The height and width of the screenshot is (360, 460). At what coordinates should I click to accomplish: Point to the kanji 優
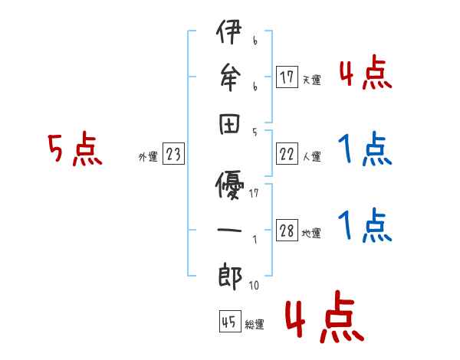pos(229,186)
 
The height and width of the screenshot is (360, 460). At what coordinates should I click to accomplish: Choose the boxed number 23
pos(173,155)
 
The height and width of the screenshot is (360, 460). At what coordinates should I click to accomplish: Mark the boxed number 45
pos(228,322)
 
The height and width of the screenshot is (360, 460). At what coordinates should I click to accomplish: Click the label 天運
pos(312,80)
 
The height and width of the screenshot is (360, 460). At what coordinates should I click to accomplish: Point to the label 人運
pos(312,157)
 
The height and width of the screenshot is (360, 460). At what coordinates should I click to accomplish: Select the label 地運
pos(312,234)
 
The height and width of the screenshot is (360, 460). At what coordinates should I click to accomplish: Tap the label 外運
pos(148,157)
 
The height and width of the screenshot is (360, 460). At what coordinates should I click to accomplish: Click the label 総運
pos(254,324)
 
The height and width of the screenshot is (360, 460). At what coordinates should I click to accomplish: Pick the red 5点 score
pos(74,150)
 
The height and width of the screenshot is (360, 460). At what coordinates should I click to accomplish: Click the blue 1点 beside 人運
pos(366,149)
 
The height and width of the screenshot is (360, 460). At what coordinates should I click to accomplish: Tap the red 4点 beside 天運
pos(366,73)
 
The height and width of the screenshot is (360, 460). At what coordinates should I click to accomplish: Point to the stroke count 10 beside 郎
pos(254,286)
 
